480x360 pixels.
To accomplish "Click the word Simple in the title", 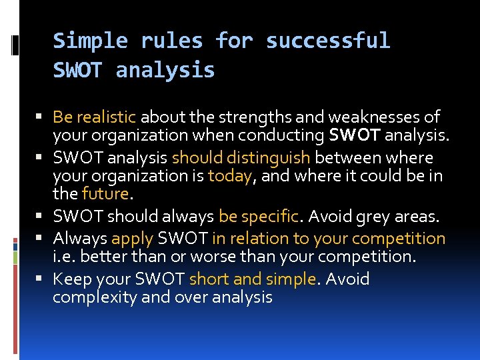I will (x=90, y=41).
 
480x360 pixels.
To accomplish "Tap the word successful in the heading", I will (x=327, y=41).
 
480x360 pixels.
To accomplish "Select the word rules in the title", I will (x=171, y=41).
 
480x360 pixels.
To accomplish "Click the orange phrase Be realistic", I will (x=94, y=117).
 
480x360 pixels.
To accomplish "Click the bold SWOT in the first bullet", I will (x=353, y=136).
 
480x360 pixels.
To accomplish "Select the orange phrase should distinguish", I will (x=241, y=158).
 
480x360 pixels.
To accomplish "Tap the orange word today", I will (x=230, y=176).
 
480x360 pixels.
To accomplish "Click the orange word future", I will (x=105, y=194).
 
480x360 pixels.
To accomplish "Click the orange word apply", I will (x=132, y=239).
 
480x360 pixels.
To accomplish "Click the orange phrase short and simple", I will (x=252, y=279).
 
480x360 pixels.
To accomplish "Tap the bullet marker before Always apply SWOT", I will (x=43, y=239).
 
